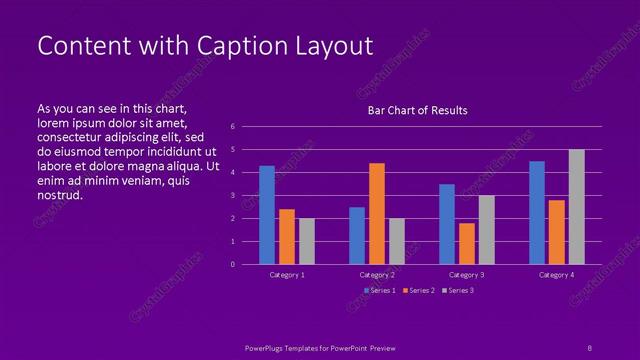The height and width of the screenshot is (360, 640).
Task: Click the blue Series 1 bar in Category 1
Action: (x=267, y=215)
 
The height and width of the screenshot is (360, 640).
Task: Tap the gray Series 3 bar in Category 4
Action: (x=576, y=207)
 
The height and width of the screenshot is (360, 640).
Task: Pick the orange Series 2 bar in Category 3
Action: (x=467, y=243)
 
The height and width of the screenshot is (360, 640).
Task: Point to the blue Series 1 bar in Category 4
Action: (x=537, y=212)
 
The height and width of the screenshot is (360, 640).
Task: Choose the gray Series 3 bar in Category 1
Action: (x=307, y=241)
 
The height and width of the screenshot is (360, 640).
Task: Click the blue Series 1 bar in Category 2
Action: (x=357, y=235)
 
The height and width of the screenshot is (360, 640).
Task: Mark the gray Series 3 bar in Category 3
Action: (x=487, y=229)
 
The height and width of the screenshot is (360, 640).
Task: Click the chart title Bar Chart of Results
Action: (x=417, y=110)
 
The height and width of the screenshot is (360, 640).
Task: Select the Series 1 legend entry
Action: (x=381, y=290)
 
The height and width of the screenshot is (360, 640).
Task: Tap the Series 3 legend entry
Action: (x=459, y=290)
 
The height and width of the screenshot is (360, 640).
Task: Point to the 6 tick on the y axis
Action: (x=232, y=127)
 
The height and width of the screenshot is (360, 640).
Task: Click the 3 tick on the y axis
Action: (x=232, y=195)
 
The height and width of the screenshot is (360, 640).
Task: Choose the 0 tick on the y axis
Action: (x=232, y=264)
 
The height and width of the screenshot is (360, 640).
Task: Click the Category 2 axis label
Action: (x=377, y=274)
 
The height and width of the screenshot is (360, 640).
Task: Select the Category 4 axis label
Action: (x=557, y=274)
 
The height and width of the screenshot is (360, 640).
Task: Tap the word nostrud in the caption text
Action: (x=59, y=195)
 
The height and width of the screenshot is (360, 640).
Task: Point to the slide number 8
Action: (x=589, y=347)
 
